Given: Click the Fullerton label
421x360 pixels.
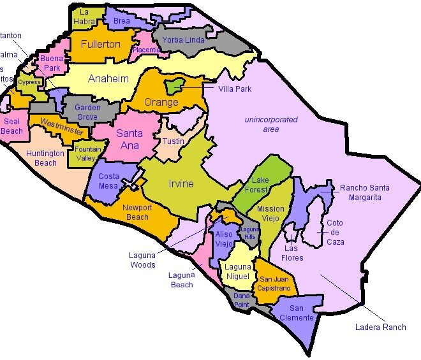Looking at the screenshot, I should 100,45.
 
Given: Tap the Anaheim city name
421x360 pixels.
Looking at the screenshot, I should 108,79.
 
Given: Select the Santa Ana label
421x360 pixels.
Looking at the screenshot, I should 129,140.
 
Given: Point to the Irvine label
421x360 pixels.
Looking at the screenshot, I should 181,184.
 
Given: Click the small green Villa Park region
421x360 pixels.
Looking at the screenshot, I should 174,85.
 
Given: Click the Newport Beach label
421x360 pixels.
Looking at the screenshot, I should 137,212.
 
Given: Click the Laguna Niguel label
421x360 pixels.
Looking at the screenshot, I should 237,271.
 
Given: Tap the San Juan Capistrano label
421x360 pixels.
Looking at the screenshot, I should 274,284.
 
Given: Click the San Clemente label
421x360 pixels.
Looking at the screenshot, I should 296,313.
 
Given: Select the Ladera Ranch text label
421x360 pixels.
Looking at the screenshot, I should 380,328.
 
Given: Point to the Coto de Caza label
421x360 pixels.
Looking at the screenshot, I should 335,233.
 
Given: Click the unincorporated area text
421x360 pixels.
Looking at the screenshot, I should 270,124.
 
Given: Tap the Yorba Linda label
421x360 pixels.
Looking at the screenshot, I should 183,40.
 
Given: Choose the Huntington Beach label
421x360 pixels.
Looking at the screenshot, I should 45,158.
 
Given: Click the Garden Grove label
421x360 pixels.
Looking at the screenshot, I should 87,112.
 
